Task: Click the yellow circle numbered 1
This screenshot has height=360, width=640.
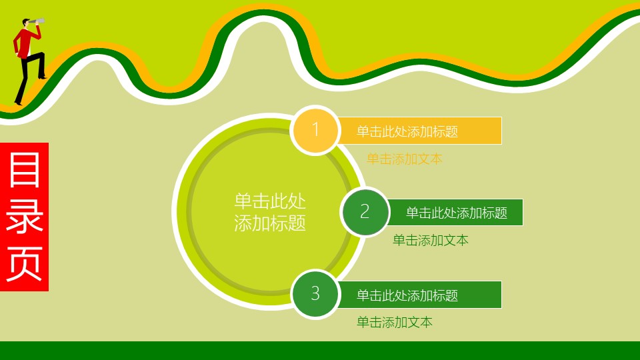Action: click(x=315, y=130)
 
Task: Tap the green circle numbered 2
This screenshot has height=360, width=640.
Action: click(x=365, y=212)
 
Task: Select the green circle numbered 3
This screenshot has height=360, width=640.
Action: click(x=315, y=293)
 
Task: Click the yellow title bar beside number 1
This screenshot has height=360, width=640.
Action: click(x=420, y=131)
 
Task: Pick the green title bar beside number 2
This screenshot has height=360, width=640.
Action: click(x=456, y=213)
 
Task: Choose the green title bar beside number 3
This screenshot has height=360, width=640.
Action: click(x=420, y=295)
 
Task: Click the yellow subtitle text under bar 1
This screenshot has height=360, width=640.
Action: click(x=405, y=159)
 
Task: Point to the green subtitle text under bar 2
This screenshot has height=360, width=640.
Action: click(x=431, y=240)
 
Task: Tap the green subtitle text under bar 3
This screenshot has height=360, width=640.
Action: click(x=395, y=322)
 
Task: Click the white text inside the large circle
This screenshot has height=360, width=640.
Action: click(x=270, y=212)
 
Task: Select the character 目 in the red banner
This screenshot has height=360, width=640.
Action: click(x=25, y=171)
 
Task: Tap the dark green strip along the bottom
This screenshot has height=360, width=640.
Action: click(x=320, y=351)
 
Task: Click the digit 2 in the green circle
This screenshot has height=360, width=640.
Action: click(x=365, y=212)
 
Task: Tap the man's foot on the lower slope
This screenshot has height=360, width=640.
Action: click(x=18, y=104)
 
